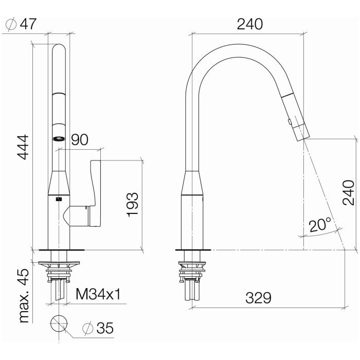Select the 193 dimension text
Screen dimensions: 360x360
click(x=132, y=205)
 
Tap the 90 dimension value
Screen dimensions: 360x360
click(x=80, y=139)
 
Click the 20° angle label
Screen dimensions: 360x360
click(x=319, y=225)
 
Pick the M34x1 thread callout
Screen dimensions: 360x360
click(x=98, y=294)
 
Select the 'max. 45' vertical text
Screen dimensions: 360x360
click(x=23, y=295)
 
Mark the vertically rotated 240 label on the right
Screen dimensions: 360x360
click(x=348, y=192)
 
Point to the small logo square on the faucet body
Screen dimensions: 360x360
click(x=58, y=197)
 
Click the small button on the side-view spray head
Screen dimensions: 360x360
click(x=290, y=122)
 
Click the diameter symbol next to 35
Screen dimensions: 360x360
click(x=87, y=328)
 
